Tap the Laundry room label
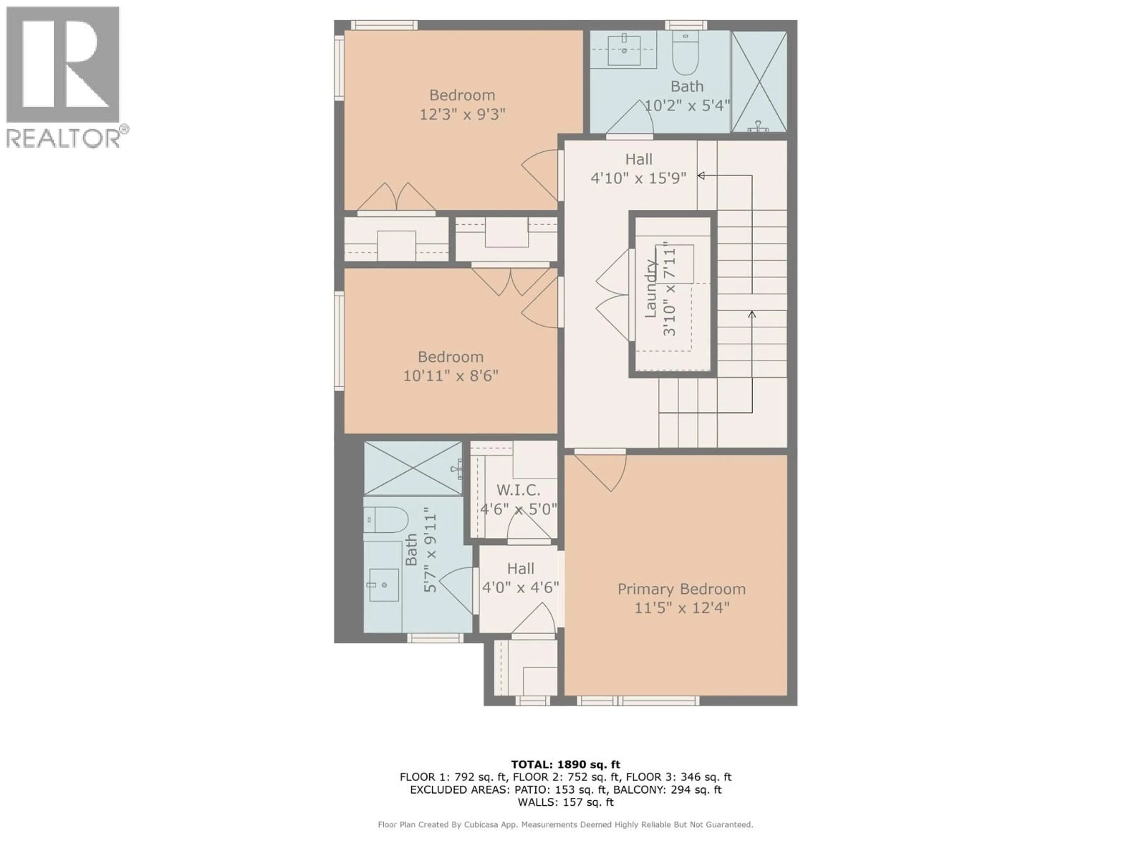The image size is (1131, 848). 650,289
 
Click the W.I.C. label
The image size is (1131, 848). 518,490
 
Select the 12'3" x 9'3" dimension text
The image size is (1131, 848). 462,114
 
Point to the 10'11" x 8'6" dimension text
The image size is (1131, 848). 450,376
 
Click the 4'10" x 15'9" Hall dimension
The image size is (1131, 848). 638,178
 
